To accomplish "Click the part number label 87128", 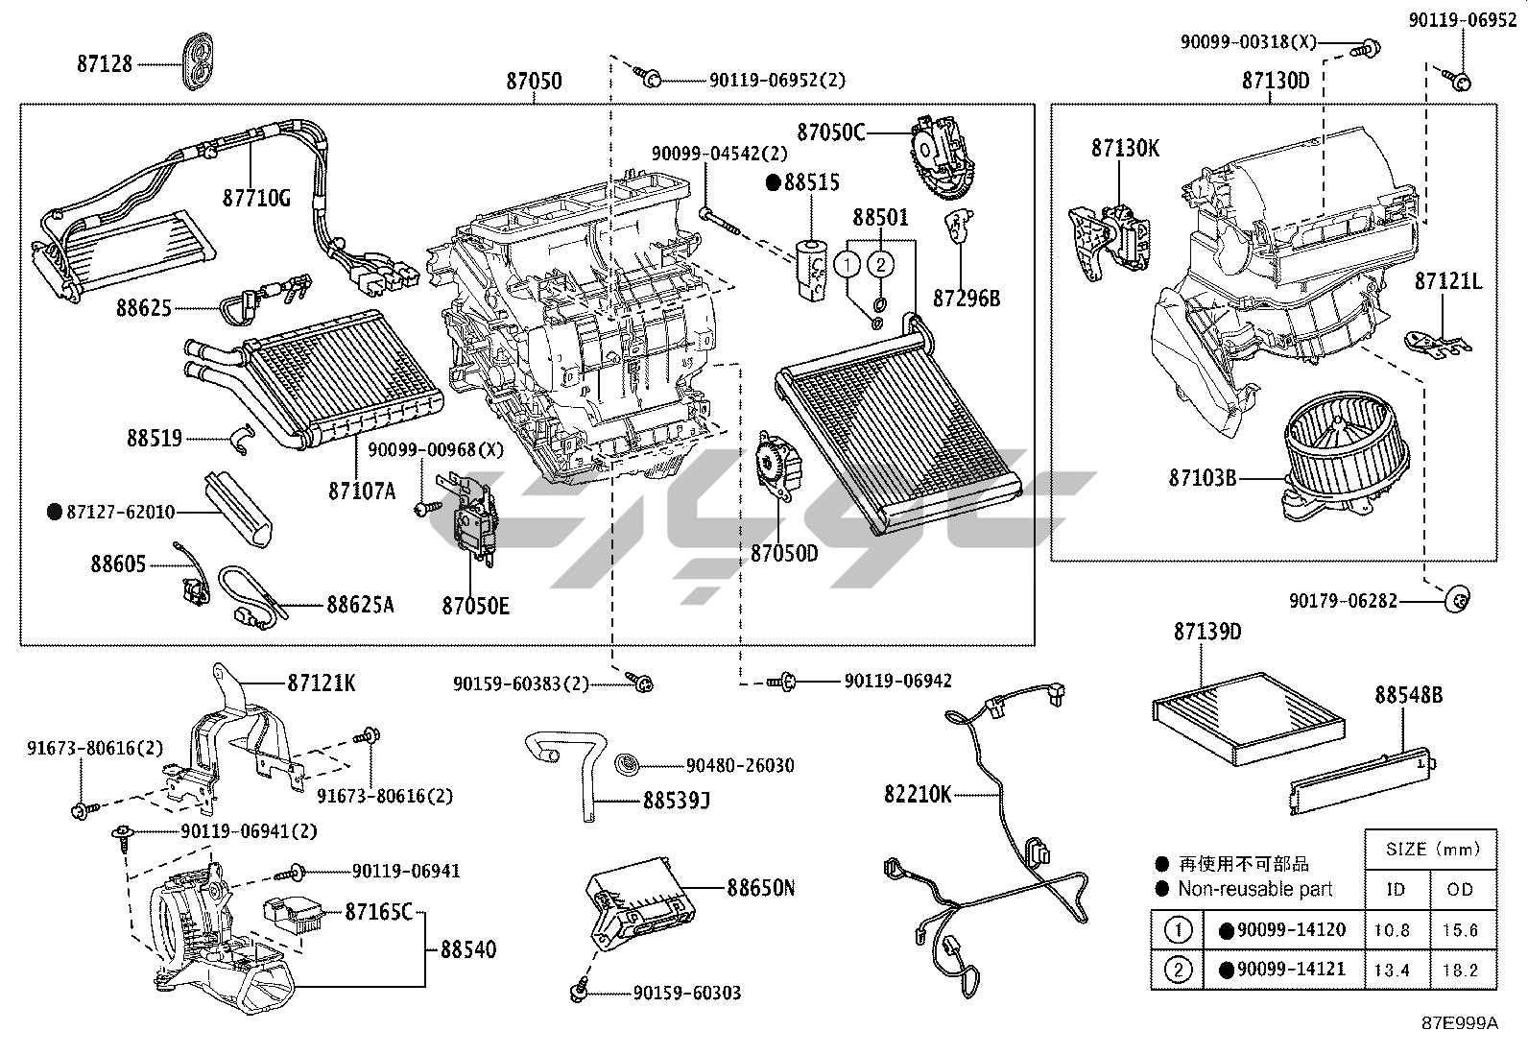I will click(x=105, y=63).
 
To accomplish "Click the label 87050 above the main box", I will click(x=534, y=82).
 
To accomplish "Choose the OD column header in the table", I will click(x=1460, y=889).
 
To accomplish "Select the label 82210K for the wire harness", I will click(x=919, y=794).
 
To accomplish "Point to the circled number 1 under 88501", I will click(x=847, y=262).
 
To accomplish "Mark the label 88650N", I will click(x=760, y=887).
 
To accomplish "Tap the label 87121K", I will click(x=322, y=683).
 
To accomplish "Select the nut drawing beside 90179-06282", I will click(x=1457, y=600).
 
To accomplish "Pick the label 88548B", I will click(x=1408, y=694).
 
